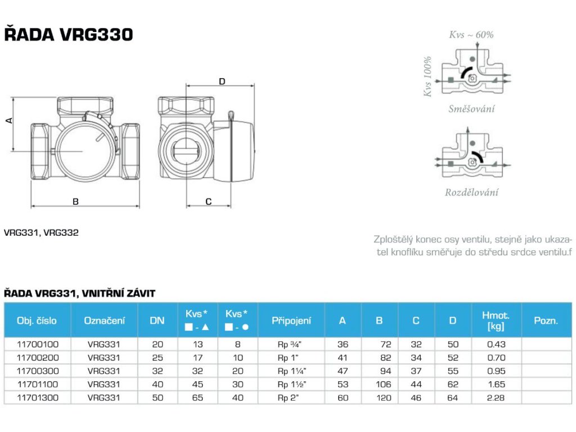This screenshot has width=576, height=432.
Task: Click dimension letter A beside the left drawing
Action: [x=9, y=120]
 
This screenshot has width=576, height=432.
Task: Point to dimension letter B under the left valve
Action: [x=76, y=201]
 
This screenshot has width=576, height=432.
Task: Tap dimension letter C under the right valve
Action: [x=209, y=201]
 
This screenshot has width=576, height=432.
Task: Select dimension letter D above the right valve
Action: [x=222, y=81]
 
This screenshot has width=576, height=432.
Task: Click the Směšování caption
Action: [x=472, y=109]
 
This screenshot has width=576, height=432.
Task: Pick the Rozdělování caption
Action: [x=472, y=192]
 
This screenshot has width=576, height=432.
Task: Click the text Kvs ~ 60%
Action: [x=471, y=34]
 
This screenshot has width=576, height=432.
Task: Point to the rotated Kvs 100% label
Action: [x=427, y=76]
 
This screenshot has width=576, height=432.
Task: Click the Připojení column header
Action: [x=291, y=321]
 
